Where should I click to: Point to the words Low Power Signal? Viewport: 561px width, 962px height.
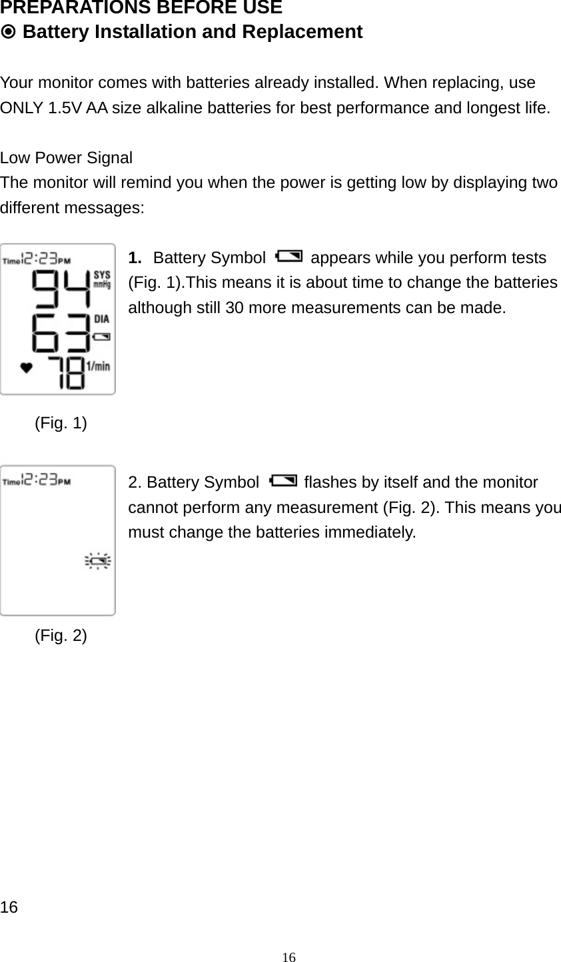67,158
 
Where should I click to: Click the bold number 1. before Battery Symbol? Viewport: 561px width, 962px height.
135,258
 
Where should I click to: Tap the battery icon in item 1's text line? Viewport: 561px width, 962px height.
288,256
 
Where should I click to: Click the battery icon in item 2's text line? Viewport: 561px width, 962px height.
281,480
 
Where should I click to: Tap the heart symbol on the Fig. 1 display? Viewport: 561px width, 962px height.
27,368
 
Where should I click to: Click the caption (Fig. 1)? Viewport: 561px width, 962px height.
61,422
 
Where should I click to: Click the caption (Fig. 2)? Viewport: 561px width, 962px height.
61,636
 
